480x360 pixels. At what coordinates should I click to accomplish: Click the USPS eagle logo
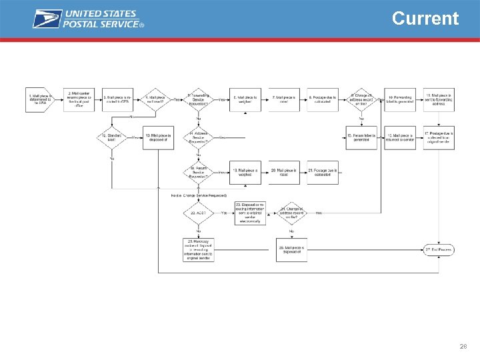pos(47,19)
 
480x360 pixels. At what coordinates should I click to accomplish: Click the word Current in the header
pos(425,18)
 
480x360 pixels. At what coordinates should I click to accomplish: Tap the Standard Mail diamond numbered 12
pos(112,137)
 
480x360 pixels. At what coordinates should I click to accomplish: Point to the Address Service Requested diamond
pos(198,137)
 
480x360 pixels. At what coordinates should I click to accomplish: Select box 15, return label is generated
pos(362,137)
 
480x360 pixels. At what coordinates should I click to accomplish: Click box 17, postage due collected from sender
pos(439,137)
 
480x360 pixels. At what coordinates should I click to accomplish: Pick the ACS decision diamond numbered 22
pos(198,213)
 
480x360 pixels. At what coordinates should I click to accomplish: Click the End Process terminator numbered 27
pos(438,250)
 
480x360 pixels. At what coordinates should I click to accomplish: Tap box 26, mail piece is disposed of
pos(291,250)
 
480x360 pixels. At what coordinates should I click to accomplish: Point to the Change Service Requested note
pos(199,195)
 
